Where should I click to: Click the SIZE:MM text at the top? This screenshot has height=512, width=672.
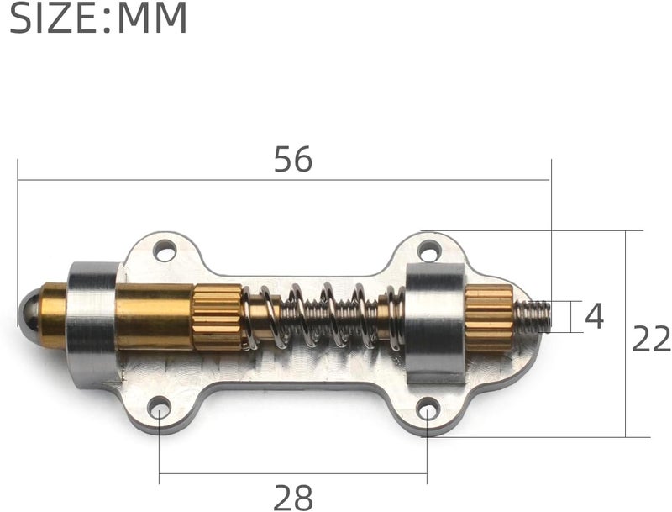98,18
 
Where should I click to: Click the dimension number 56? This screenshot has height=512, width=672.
293,160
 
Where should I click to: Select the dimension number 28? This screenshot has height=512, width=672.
293,498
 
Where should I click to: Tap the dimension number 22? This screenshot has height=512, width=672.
651,339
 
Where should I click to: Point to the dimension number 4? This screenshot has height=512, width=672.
594,317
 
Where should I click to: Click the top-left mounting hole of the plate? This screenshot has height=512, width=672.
164,250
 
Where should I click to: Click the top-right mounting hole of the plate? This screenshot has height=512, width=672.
429,250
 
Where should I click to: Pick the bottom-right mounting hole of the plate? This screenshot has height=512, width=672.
428,410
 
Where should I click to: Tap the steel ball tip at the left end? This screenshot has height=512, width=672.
28,310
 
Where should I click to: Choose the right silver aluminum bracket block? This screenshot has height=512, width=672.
434,324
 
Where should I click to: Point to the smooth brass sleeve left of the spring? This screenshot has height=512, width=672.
154,316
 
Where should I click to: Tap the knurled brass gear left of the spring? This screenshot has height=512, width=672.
218,316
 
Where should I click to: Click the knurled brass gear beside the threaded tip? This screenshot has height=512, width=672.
489,318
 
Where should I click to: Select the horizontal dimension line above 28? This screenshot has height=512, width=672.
293,472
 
